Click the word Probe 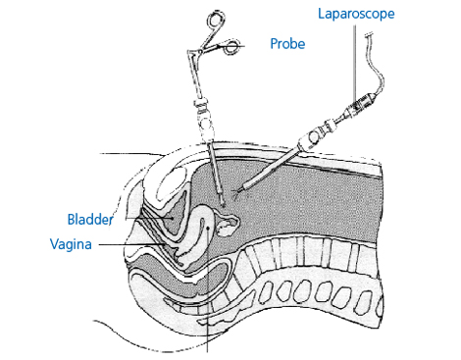(x=287, y=45)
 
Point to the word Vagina (x=71, y=243)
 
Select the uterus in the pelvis (x=203, y=226)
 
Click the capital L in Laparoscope (x=322, y=14)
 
